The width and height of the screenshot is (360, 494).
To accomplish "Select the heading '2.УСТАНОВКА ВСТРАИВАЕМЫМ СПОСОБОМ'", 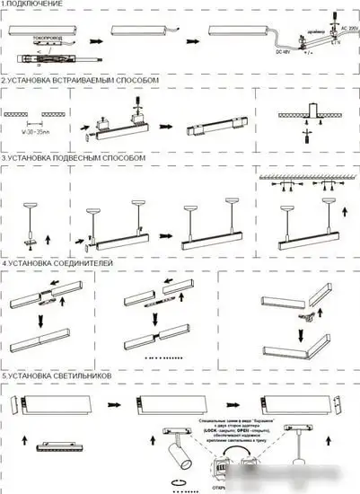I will (80, 80).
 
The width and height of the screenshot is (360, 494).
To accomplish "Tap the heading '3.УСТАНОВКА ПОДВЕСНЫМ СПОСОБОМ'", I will (74, 157).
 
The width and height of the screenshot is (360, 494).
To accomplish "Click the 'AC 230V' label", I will (346, 28).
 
